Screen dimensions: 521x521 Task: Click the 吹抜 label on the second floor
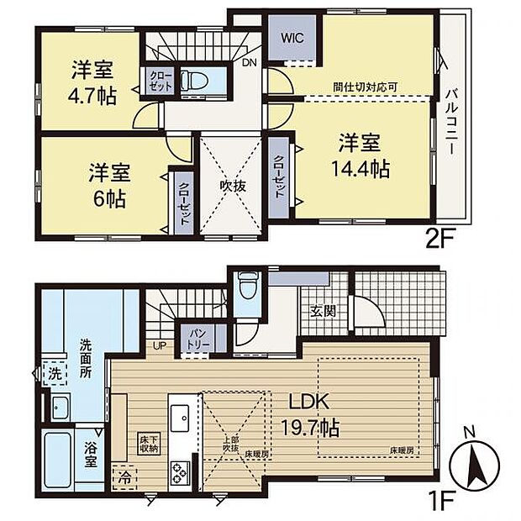233,187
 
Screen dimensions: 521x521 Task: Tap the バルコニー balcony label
451,122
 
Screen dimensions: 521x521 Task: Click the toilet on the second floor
195,83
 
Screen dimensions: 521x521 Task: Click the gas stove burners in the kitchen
182,472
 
